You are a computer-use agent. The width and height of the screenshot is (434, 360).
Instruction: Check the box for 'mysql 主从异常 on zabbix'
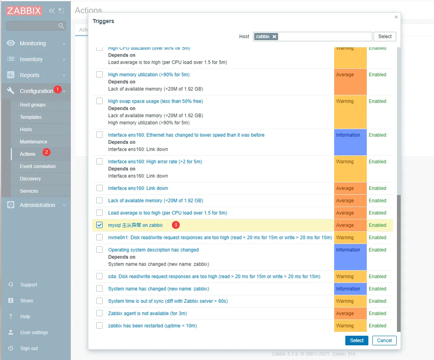[99, 225]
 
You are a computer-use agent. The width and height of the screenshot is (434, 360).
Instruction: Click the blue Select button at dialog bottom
[356, 341]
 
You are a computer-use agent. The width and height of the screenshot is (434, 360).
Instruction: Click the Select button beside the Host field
[385, 37]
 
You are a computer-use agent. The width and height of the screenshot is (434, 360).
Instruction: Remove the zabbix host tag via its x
[274, 37]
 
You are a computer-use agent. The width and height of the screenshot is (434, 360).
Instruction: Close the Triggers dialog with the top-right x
[396, 17]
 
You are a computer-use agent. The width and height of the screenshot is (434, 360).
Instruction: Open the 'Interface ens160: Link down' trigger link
[138, 188]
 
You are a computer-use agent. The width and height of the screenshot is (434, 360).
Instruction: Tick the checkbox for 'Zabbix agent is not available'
[99, 314]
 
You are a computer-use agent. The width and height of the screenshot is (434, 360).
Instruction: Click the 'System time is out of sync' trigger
[168, 301]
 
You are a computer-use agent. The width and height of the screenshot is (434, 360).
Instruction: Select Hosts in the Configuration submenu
[26, 130]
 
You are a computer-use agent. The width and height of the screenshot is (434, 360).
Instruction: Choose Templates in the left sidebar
[31, 117]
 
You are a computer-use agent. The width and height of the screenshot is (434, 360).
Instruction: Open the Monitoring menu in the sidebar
[33, 43]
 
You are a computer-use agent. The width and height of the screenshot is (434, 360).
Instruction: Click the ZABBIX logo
[24, 11]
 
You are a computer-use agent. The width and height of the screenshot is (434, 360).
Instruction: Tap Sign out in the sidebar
[29, 348]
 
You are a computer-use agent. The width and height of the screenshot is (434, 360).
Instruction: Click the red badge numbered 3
[176, 225]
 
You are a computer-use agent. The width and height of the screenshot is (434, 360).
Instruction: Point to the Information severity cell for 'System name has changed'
[350, 289]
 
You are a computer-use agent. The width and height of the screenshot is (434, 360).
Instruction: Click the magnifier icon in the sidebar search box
[61, 26]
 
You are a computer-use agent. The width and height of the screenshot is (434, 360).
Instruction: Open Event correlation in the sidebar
[38, 166]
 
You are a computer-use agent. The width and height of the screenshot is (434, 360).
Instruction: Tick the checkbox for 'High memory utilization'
[99, 75]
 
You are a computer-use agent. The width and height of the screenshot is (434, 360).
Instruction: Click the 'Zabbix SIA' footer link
[344, 354]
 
